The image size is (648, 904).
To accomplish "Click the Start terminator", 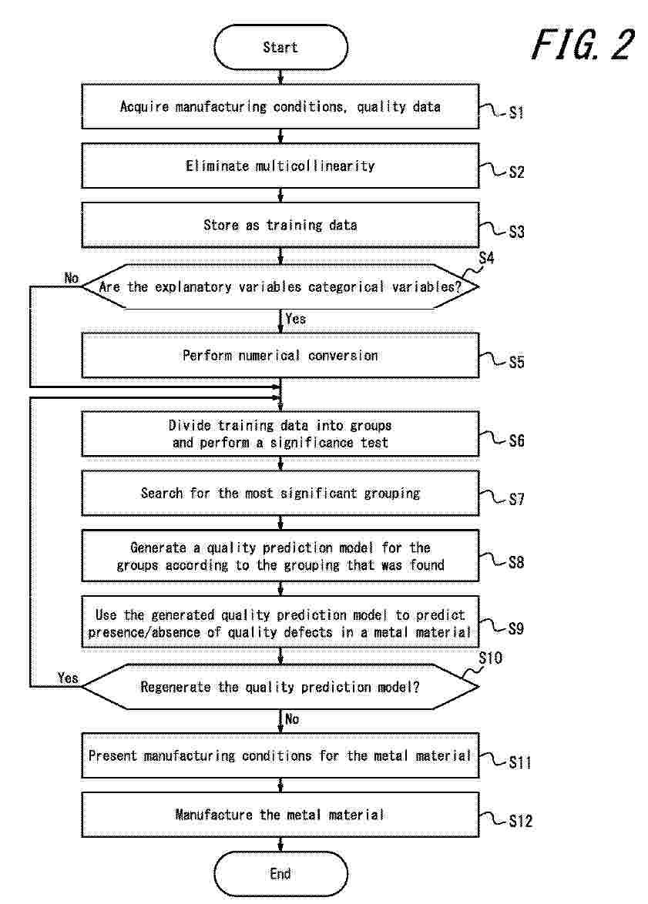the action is point(280,47).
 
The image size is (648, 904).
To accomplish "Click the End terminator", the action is point(280,874).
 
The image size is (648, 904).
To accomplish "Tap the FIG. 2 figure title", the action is point(583,45).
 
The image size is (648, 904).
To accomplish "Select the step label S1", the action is point(516,112).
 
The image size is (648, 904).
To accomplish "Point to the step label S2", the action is point(516,172).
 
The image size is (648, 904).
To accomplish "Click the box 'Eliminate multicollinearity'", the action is point(280,166).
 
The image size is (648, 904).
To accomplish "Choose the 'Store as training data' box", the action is point(280,225).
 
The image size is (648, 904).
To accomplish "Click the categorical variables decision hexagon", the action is point(280,286).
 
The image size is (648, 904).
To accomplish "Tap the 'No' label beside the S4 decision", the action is point(71,278).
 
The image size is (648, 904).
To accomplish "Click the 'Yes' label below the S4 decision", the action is point(295,318).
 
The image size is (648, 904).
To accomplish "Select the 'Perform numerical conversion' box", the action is point(280,356).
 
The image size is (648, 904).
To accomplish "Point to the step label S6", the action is point(516,441).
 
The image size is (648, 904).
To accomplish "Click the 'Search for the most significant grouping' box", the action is point(280,493).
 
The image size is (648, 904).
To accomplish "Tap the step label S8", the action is point(516,562).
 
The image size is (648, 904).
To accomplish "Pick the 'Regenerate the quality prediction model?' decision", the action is point(280,687).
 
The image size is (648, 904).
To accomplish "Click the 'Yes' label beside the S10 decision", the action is point(68,678).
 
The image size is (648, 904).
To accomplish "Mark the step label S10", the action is point(491,658).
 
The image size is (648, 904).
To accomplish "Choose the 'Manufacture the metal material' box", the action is point(280,815).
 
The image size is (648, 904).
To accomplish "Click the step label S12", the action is point(520,821).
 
